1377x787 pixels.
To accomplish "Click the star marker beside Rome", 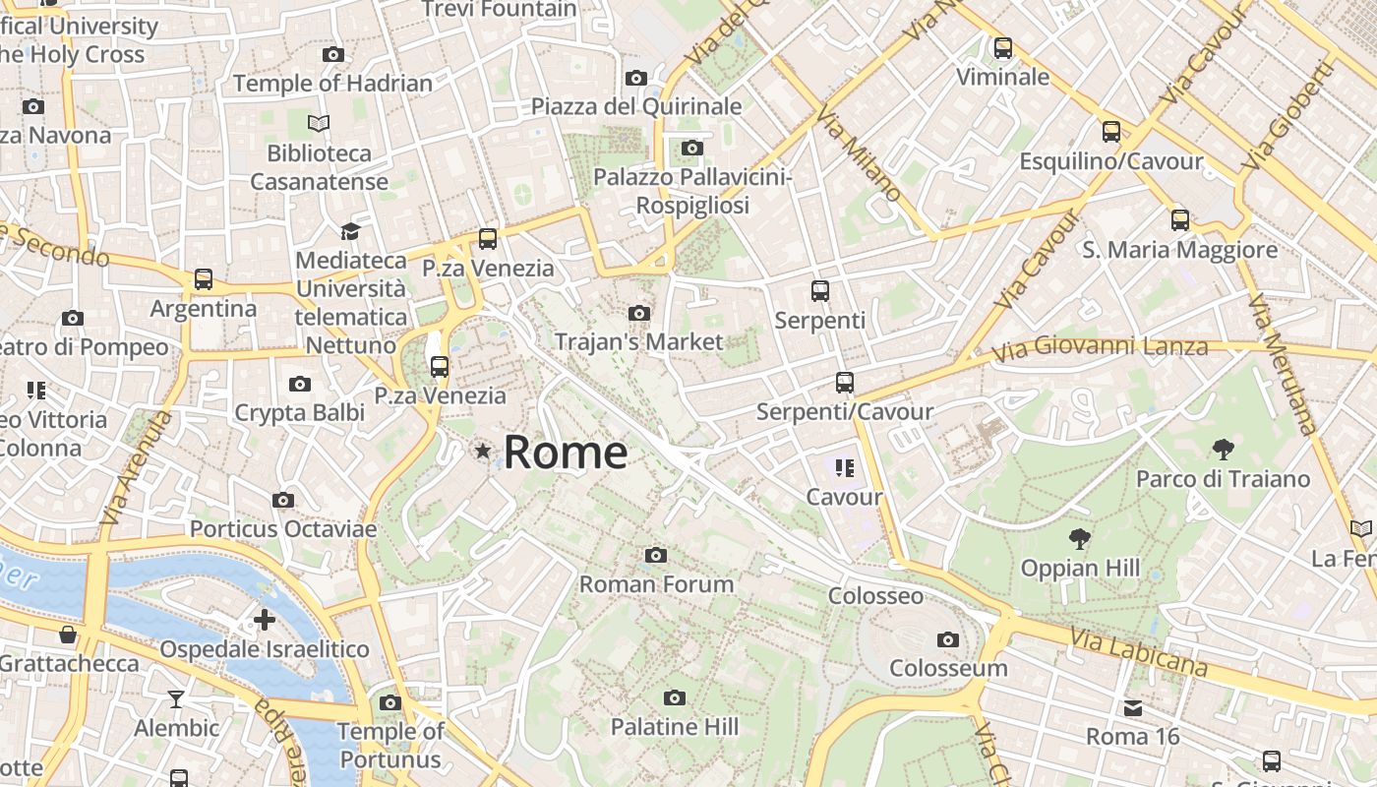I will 483,452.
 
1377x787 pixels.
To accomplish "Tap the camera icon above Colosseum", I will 948,640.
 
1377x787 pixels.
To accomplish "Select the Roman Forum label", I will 656,583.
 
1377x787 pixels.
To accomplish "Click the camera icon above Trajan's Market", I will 638,314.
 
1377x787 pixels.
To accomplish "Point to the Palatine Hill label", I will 674,727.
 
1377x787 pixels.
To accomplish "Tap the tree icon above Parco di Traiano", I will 1223,451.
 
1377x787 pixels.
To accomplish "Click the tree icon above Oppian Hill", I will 1080,539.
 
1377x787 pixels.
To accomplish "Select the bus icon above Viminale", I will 1002,47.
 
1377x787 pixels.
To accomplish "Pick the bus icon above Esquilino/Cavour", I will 1111,132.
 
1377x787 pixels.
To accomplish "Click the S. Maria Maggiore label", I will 1179,250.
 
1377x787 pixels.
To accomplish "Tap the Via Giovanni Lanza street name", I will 1099,348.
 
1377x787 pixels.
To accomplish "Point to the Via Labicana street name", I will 1138,651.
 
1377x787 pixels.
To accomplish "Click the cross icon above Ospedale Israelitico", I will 264,620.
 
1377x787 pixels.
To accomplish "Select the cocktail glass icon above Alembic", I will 176,699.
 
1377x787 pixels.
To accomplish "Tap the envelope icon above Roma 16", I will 1133,707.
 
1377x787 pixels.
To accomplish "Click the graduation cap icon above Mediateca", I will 350,231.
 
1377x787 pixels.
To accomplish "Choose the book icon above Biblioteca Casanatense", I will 319,124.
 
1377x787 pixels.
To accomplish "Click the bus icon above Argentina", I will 203,279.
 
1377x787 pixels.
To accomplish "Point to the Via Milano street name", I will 856,153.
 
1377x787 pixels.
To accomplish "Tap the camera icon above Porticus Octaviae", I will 283,501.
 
